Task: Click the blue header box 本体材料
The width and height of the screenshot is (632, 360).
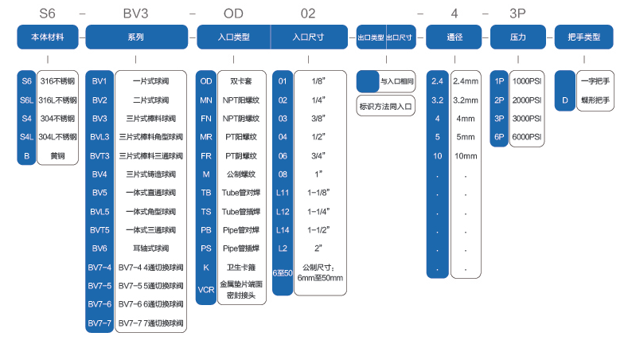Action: [47, 37]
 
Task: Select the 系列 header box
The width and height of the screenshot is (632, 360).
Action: [136, 37]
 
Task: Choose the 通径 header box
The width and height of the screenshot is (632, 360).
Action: [454, 37]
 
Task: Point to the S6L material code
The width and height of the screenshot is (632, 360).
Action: [26, 100]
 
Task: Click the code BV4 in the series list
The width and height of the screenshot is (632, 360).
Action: [99, 174]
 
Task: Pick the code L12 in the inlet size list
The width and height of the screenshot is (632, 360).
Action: [282, 211]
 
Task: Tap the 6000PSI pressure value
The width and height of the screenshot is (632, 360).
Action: [527, 137]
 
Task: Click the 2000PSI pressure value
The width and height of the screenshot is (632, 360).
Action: [527, 100]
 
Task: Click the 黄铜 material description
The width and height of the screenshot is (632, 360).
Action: [57, 155]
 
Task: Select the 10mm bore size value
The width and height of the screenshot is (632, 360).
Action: [466, 155]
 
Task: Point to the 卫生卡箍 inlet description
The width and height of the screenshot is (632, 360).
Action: [240, 266]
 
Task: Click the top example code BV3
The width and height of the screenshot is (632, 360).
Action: [137, 14]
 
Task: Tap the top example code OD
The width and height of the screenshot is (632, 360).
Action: [233, 14]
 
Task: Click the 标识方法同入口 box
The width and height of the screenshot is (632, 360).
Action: [385, 105]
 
